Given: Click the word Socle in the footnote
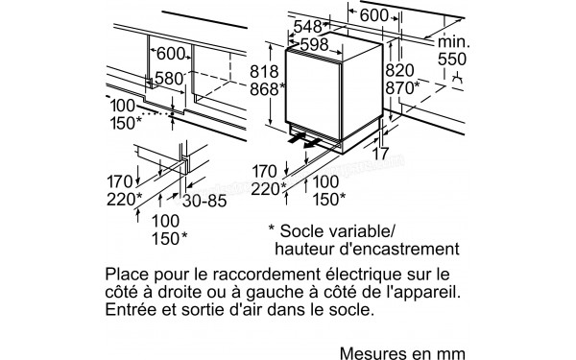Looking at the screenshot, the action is (x=312, y=232).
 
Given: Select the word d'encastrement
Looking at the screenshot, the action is (x=408, y=250).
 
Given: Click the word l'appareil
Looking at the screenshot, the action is (x=432, y=292).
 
